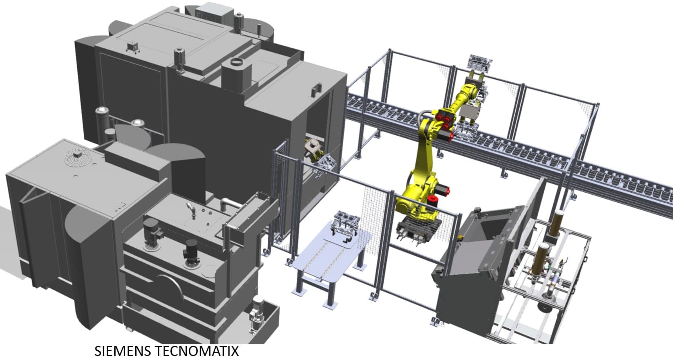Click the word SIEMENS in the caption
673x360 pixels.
click(x=123, y=351)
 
